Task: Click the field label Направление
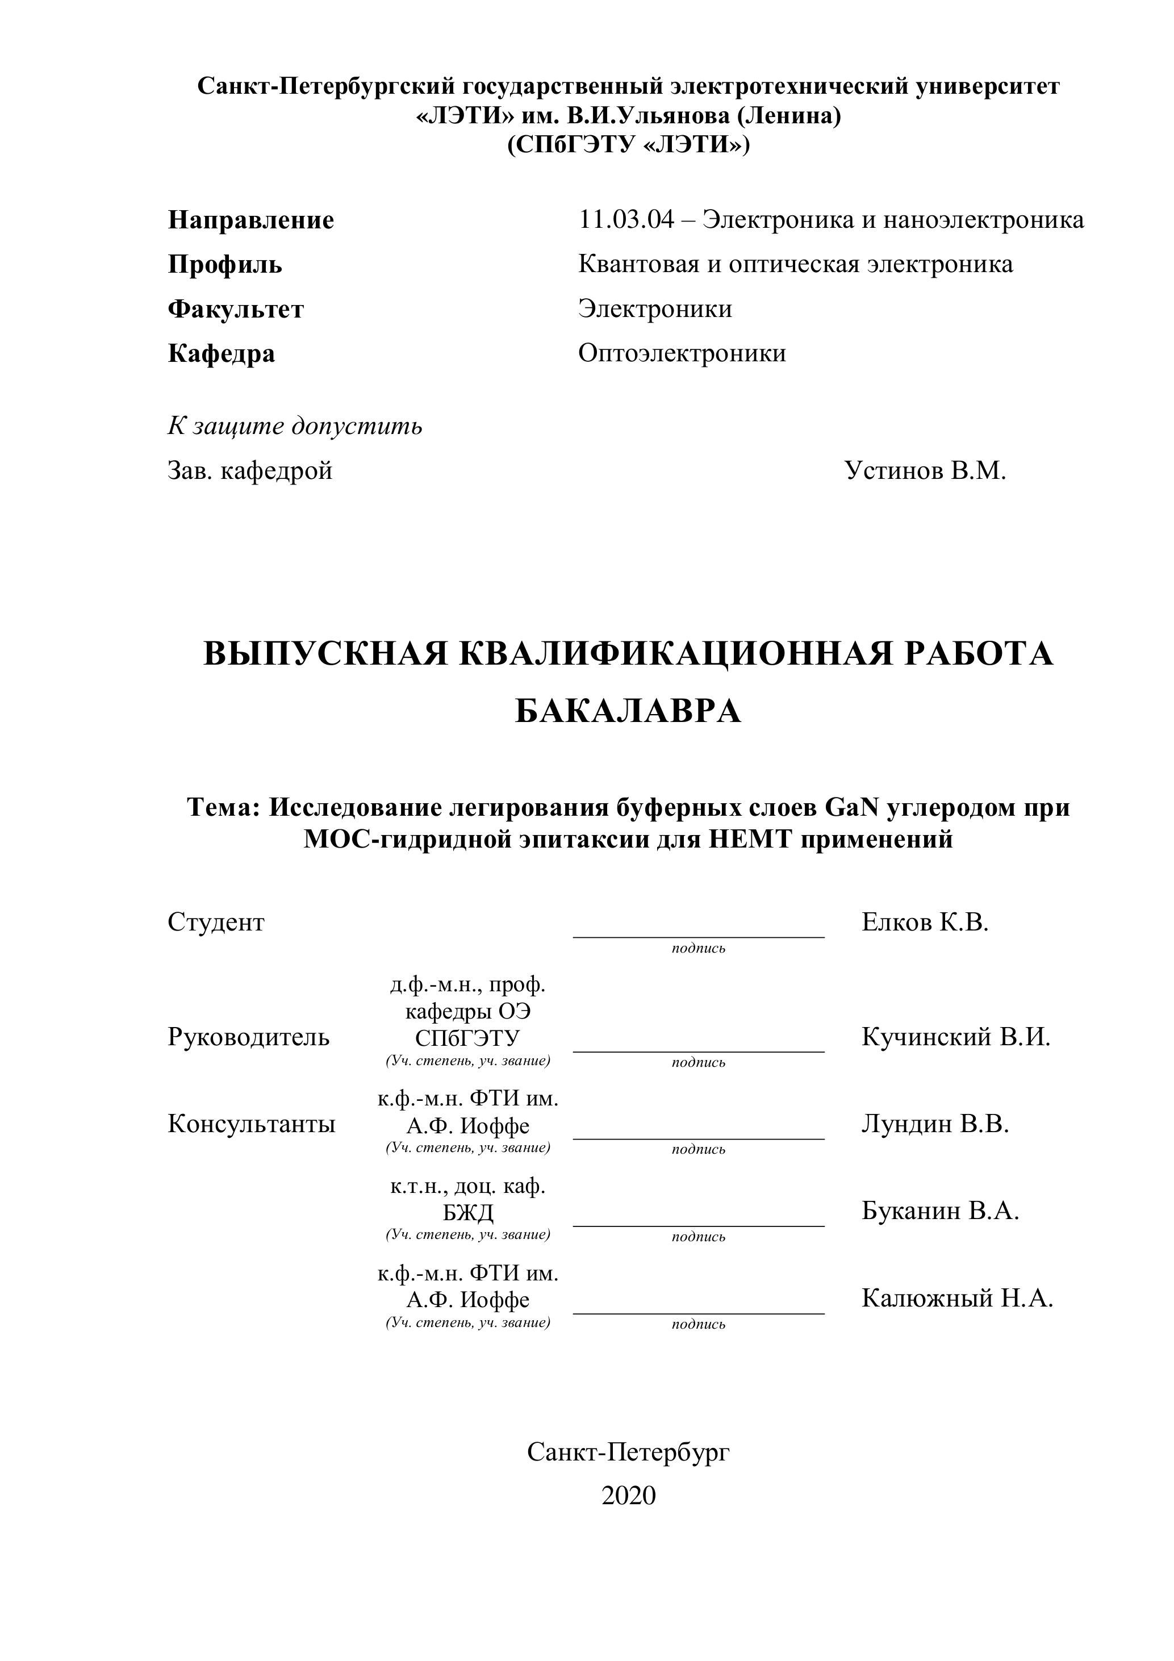[250, 220]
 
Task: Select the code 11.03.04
[626, 219]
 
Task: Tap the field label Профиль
[225, 265]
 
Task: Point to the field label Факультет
[236, 310]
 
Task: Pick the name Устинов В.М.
[925, 471]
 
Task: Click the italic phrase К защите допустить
[295, 426]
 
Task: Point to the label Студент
[216, 923]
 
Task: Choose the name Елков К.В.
[925, 923]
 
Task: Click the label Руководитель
[248, 1037]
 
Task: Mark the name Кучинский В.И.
[955, 1037]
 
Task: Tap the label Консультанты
[251, 1124]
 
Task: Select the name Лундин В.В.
[934, 1124]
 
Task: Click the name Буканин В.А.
[939, 1211]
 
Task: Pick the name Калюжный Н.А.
[957, 1299]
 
